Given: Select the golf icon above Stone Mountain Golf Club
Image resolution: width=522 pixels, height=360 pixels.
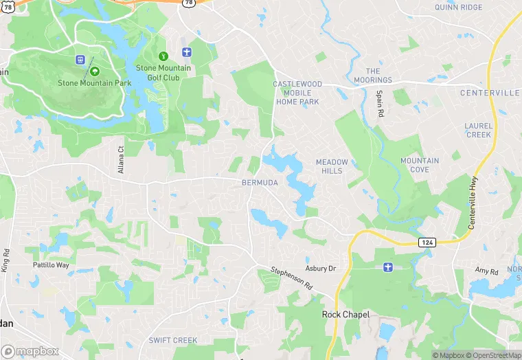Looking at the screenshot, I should tap(163, 56).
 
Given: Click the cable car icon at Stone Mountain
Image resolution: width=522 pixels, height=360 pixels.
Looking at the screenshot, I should tap(80, 60).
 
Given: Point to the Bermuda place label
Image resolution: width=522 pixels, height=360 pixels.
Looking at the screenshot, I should tap(260, 183).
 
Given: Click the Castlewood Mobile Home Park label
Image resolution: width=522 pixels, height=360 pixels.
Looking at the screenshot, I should tap(297, 93).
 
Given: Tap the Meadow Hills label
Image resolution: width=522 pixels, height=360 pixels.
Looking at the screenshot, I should tap(332, 166).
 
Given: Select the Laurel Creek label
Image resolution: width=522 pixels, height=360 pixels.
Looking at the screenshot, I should tap(478, 131).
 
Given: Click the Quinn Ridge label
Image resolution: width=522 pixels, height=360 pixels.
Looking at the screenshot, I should tap(459, 8).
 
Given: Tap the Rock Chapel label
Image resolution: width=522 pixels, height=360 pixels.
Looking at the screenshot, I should tap(346, 315).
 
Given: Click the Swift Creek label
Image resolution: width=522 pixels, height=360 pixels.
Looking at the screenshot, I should tap(173, 341).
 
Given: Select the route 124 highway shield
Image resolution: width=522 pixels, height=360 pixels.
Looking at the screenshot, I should tap(427, 243).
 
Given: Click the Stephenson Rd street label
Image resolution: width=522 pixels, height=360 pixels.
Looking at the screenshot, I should tap(291, 278).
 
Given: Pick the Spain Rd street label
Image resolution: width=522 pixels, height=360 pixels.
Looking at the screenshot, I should tap(378, 102).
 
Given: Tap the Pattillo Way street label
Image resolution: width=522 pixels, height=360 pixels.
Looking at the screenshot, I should tap(51, 265).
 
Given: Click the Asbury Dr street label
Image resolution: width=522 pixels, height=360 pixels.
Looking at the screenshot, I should tap(320, 269).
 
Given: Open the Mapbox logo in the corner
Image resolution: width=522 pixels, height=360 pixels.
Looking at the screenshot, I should tap(30, 351).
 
